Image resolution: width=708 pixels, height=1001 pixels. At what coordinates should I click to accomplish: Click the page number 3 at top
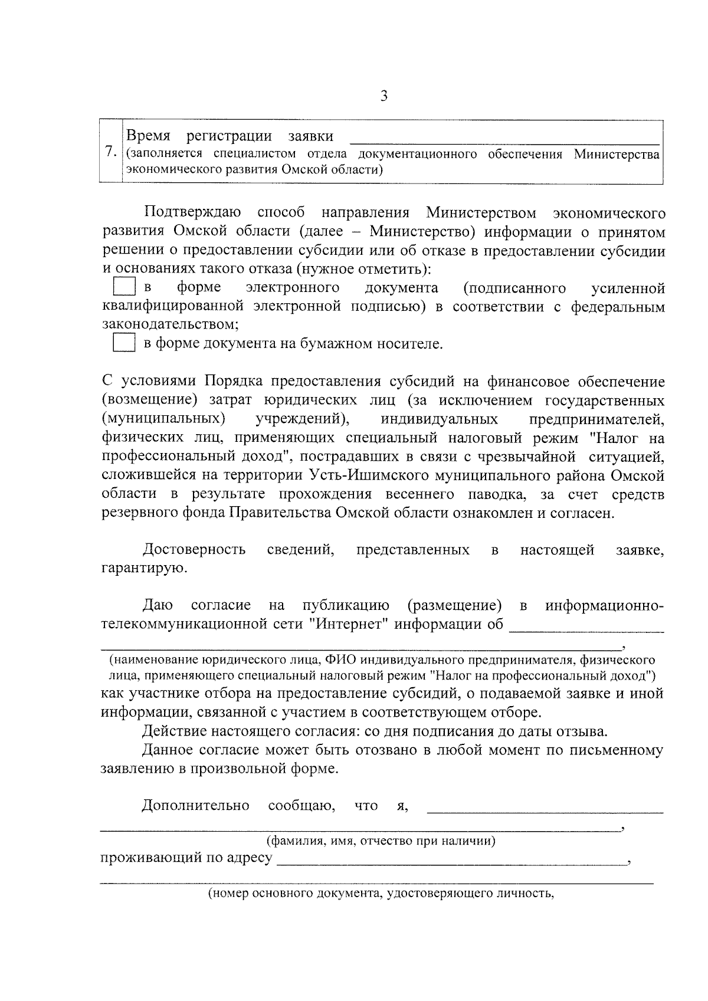tap(384, 96)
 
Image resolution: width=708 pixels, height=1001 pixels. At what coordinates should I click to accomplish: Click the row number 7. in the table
tap(110, 152)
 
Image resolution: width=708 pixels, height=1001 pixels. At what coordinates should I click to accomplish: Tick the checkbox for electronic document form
tap(124, 287)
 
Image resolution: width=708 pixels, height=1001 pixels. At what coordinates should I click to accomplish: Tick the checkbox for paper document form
tap(124, 343)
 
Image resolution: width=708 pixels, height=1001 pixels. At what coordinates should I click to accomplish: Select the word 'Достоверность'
tap(194, 550)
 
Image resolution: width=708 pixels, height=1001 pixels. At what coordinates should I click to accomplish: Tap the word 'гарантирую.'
tap(136, 569)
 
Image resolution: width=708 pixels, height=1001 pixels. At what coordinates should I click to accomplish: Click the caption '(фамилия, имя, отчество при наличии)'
tap(381, 841)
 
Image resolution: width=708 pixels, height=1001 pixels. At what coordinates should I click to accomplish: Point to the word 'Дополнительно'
tap(195, 806)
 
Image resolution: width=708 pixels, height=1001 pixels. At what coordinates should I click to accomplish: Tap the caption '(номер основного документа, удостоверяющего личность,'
tap(381, 894)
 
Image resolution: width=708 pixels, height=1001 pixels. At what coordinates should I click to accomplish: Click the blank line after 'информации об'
tap(586, 630)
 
